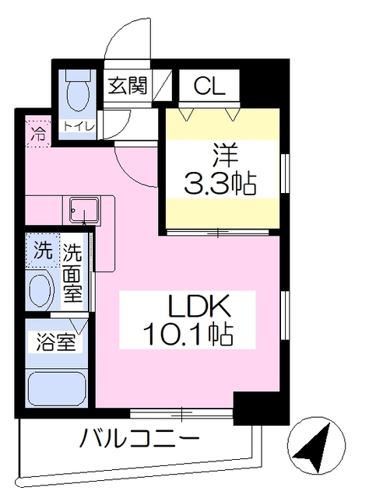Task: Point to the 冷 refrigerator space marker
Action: coord(37,132)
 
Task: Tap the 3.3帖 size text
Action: coord(220,184)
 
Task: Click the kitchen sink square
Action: coord(82,210)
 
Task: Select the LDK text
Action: coord(198,306)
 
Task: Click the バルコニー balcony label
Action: coord(140,439)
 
